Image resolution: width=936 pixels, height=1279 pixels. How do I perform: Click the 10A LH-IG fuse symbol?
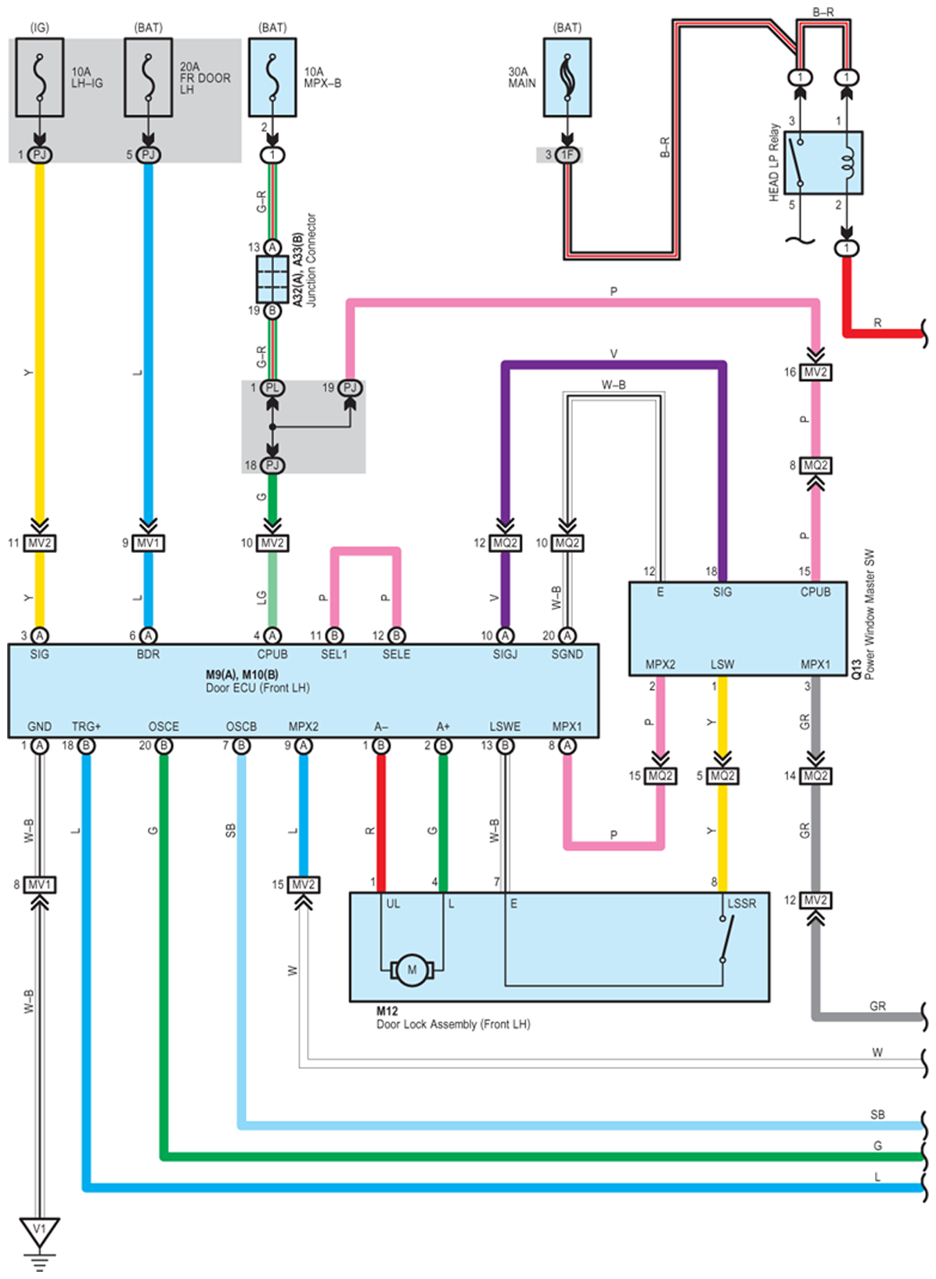point(39,78)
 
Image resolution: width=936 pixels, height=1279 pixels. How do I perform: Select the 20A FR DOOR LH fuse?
point(148,78)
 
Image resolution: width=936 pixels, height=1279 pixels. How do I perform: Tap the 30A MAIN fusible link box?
point(567,78)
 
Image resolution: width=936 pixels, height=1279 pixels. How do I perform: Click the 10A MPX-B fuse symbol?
point(272,78)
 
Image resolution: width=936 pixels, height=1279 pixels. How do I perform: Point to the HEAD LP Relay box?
point(823,163)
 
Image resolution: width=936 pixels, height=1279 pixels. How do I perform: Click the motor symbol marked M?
point(412,970)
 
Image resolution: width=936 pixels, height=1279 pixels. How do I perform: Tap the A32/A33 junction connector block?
point(272,279)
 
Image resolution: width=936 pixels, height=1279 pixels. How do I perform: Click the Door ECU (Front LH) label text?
point(257,688)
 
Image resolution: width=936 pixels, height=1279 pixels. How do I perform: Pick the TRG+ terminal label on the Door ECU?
point(86,726)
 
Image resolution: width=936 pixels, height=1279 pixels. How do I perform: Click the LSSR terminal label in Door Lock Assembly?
point(741,904)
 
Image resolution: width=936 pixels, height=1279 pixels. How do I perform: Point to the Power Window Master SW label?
point(869,614)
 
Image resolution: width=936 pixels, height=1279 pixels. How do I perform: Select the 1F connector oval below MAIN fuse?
point(567,155)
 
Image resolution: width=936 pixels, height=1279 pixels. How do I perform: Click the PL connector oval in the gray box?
point(272,388)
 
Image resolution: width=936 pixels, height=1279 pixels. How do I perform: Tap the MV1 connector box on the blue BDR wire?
point(148,543)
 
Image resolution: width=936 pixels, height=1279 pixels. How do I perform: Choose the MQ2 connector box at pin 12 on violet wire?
point(505,543)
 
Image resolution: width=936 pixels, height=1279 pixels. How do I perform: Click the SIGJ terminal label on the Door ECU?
point(505,654)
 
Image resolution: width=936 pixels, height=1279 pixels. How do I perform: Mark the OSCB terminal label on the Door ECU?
point(241,726)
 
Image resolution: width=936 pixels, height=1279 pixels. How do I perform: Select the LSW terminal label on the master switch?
point(722,664)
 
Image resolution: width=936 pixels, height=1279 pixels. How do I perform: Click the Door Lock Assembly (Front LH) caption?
point(453,1024)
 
